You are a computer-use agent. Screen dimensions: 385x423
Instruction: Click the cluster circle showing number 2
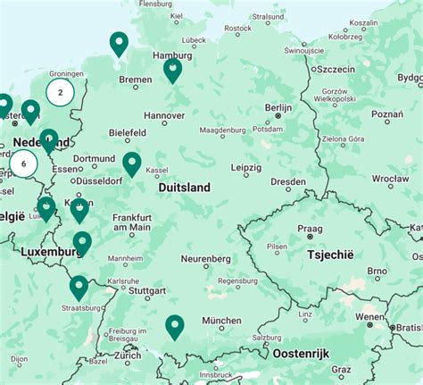pyautogui.click(x=60, y=91)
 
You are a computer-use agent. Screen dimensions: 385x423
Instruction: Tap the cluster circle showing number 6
pyautogui.click(x=23, y=163)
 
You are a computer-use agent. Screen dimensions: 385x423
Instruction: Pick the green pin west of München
pyautogui.click(x=175, y=327)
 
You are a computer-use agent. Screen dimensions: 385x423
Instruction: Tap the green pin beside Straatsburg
pyautogui.click(x=79, y=287)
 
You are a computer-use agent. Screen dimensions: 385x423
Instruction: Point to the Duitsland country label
pyautogui.click(x=184, y=188)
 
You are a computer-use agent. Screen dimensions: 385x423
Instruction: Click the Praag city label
pyautogui.click(x=311, y=229)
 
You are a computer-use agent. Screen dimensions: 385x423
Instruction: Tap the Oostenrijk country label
pyautogui.click(x=302, y=354)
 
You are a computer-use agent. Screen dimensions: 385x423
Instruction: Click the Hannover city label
pyautogui.click(x=164, y=115)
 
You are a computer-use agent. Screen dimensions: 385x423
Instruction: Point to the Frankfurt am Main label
pyautogui.click(x=131, y=222)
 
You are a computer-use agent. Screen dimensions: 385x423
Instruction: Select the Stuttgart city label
pyautogui.click(x=147, y=290)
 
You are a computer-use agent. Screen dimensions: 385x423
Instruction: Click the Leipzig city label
pyautogui.click(x=245, y=167)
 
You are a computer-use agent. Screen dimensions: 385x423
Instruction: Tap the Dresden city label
pyautogui.click(x=287, y=181)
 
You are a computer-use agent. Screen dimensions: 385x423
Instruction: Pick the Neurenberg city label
pyautogui.click(x=206, y=259)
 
